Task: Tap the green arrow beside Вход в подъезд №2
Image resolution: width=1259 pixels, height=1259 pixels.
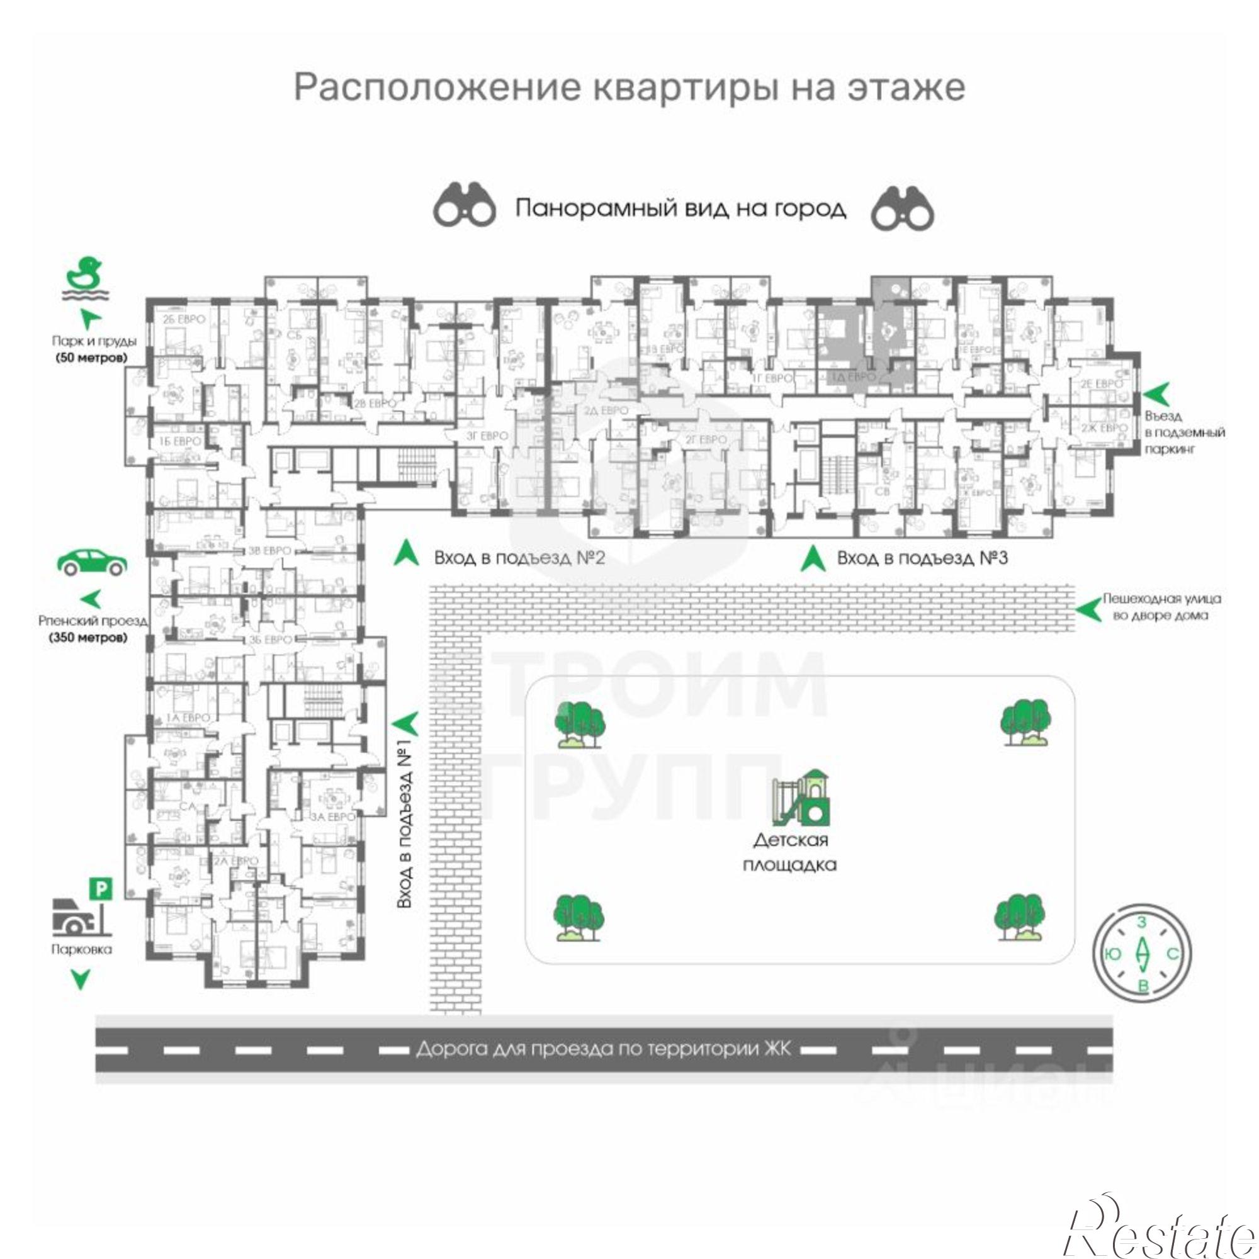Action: click(x=407, y=553)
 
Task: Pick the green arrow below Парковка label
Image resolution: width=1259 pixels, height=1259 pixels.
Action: click(x=81, y=980)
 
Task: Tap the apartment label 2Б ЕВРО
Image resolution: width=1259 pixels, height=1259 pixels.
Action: click(x=184, y=319)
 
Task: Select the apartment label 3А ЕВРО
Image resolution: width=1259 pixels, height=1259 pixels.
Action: click(x=333, y=816)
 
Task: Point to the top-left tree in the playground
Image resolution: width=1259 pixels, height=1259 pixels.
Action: click(x=579, y=725)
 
